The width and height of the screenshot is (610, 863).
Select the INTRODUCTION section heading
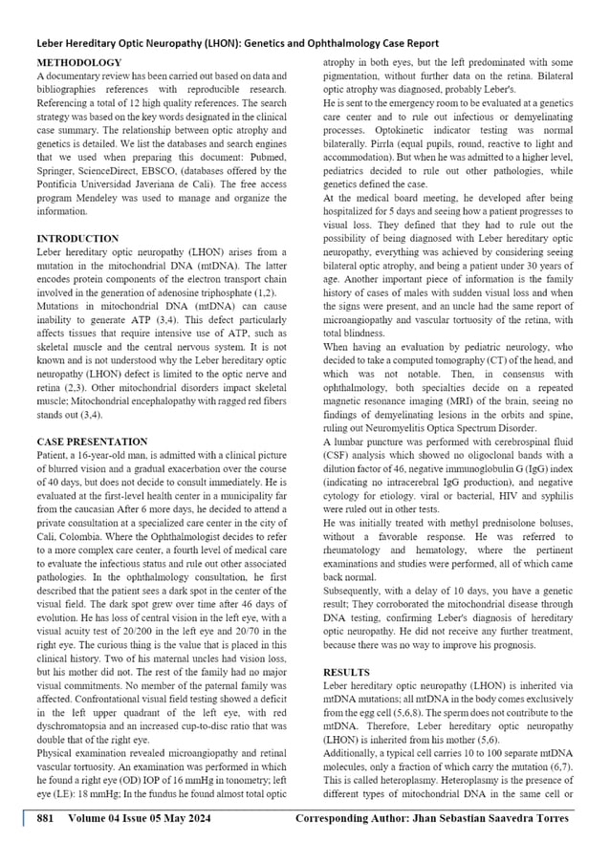tap(77, 238)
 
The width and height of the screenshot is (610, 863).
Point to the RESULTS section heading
tap(347, 673)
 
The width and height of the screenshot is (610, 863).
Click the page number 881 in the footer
tap(45, 819)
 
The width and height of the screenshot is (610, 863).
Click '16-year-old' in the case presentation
tap(98, 456)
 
